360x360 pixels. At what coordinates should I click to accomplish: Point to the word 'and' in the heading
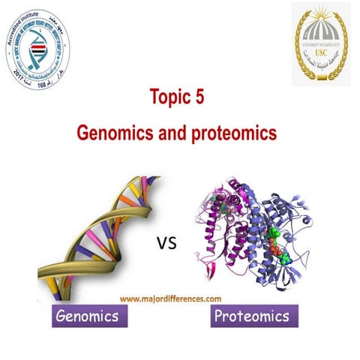(x=176, y=133)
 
